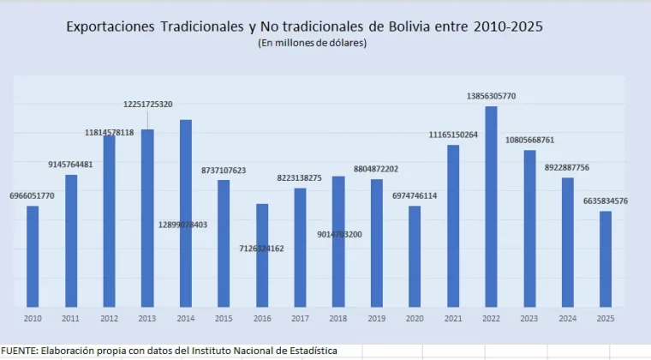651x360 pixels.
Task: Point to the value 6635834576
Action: [x=606, y=201]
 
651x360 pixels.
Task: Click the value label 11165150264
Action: [x=453, y=135]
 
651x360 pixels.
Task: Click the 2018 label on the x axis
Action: [x=338, y=319]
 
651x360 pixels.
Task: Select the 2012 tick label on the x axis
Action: [x=109, y=319]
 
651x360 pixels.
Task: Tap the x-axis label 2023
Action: [x=529, y=319]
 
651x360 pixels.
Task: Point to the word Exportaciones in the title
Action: [x=110, y=27]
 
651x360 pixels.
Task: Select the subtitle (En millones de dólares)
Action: [x=312, y=43]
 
